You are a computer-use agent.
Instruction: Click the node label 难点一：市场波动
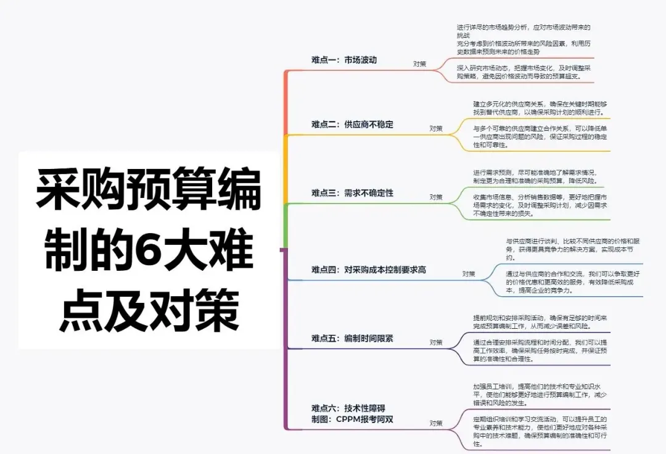pos(344,60)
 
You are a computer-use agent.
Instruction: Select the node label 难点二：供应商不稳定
pos(352,125)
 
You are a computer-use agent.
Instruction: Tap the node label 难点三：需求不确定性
pos(352,193)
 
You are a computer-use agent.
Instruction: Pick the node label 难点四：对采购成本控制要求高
pos(369,270)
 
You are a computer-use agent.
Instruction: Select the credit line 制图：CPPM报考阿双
pos(352,419)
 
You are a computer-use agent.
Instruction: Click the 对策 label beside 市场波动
pos(419,64)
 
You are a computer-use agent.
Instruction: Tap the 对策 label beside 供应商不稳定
pos(436,128)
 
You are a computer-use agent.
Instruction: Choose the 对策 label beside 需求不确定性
pos(436,197)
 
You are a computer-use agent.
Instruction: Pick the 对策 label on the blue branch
pos(469,273)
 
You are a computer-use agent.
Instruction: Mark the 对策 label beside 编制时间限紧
pos(436,342)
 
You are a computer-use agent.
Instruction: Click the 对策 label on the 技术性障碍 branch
pos(436,423)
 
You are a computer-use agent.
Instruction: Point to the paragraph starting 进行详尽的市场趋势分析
pos(524,39)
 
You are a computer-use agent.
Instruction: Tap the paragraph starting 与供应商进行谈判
pos(573,249)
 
